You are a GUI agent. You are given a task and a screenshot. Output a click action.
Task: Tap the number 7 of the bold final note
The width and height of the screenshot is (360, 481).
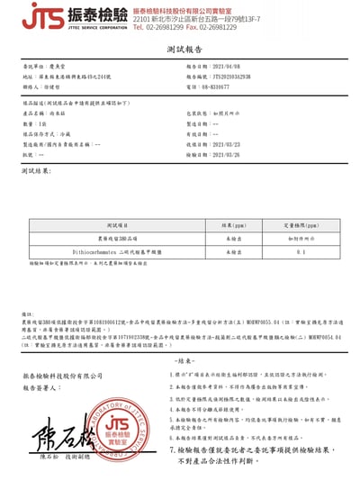click(172, 447)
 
